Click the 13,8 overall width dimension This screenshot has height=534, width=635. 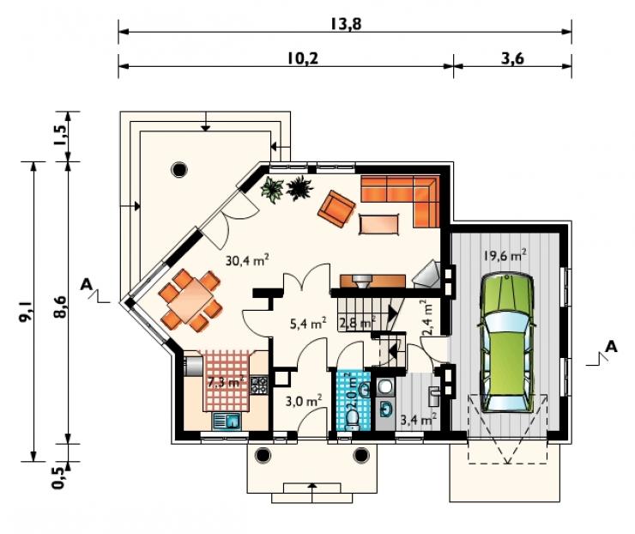[x=346, y=24]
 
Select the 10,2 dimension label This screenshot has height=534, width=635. [x=303, y=58]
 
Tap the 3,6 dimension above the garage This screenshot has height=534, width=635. [x=512, y=58]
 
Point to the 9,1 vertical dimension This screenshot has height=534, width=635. [x=26, y=312]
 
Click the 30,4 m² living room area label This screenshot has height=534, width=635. [x=247, y=260]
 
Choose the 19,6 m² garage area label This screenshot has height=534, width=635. [x=505, y=255]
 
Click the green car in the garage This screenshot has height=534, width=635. [x=507, y=343]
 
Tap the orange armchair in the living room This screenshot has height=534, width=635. [x=336, y=209]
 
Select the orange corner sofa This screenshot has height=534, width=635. [x=400, y=201]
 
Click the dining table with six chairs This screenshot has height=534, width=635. [x=190, y=300]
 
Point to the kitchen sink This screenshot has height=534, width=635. [x=227, y=422]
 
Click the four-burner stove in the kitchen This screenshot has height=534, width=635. [x=259, y=385]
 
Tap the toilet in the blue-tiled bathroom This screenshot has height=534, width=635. [x=352, y=421]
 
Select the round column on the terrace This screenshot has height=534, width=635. [x=179, y=169]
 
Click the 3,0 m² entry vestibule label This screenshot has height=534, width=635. [x=303, y=401]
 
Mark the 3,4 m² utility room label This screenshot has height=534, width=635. [x=418, y=419]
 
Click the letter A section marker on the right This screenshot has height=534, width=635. [x=611, y=347]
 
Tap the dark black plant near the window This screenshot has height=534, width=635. [x=300, y=188]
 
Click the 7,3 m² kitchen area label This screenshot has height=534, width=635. [x=225, y=382]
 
